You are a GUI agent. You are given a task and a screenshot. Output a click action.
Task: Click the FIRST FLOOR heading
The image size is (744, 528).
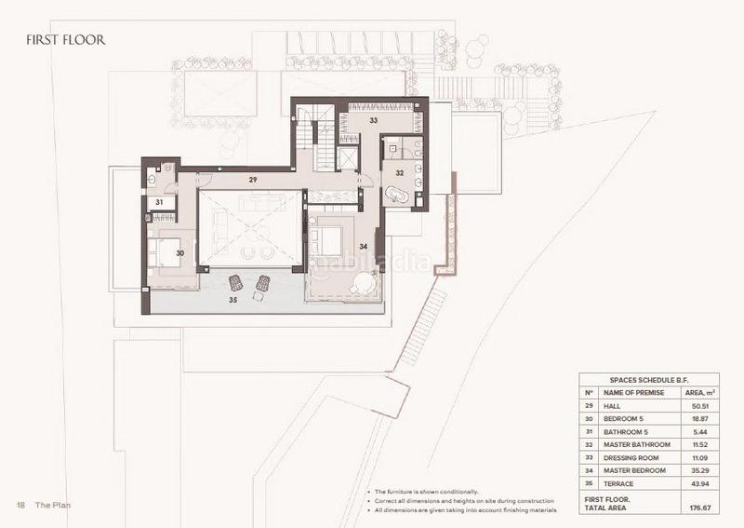pyautogui.click(x=65, y=40)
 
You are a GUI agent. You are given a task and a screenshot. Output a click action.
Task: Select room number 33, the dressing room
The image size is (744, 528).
pyautogui.click(x=372, y=120)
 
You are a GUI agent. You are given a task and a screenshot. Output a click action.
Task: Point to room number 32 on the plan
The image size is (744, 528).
pyautogui.click(x=398, y=172)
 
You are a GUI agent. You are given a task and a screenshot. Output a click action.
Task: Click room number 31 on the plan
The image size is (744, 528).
pyautogui.click(x=159, y=202)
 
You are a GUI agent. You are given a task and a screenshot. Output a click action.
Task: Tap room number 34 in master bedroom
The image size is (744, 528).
pyautogui.click(x=363, y=247)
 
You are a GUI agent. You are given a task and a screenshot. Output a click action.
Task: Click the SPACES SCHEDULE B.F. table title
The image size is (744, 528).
pyautogui.click(x=650, y=380)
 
